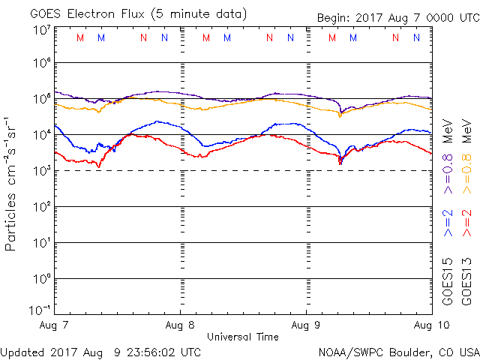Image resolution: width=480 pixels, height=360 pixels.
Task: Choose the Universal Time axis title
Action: (242, 337)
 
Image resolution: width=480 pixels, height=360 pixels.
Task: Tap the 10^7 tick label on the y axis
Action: (40, 29)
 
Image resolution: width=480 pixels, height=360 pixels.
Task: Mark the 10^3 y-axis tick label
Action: (40, 169)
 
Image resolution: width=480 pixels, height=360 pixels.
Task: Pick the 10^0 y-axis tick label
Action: (40, 278)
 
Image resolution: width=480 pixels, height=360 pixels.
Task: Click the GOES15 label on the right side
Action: (448, 280)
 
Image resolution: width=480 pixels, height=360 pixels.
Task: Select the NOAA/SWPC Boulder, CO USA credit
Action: (398, 351)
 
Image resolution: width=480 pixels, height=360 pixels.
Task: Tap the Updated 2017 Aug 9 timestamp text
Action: (100, 351)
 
